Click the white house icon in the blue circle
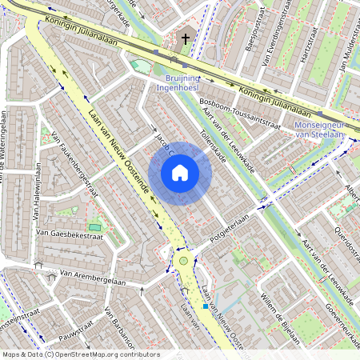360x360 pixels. (180, 172)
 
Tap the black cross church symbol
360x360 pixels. (186, 38)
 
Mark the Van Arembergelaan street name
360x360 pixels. (93, 278)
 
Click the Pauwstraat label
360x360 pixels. (76, 327)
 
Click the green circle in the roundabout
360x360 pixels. (183, 261)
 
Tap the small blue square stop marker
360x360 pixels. (206, 306)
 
